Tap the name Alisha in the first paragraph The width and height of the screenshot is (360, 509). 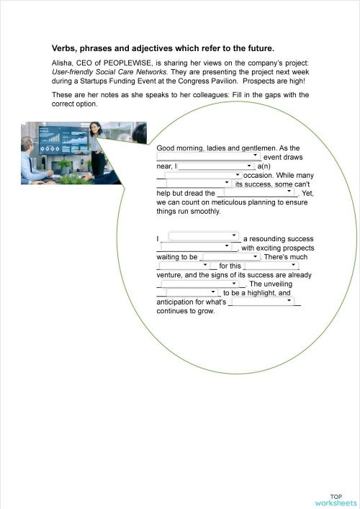click(x=63, y=63)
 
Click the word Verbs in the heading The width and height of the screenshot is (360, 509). click(x=65, y=48)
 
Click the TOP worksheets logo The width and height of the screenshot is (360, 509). click(x=335, y=499)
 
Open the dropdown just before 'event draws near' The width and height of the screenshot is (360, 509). click(x=208, y=156)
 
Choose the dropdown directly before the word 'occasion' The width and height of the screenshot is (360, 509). click(x=202, y=175)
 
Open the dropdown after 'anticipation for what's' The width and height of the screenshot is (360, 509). click(x=261, y=302)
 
